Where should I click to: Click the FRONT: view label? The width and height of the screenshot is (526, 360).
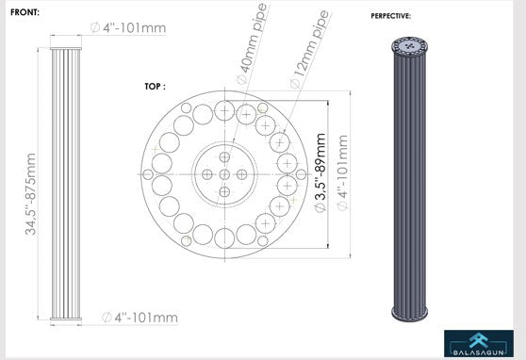[25, 12]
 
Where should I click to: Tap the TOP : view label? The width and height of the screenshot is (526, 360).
[155, 87]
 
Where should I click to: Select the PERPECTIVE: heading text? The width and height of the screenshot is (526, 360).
[391, 16]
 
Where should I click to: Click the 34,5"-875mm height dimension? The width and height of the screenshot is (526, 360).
[30, 194]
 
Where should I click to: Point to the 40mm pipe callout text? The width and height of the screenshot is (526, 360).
[252, 43]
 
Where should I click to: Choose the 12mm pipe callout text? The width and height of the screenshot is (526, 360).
[309, 49]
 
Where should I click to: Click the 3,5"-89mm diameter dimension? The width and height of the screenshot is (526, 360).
[321, 172]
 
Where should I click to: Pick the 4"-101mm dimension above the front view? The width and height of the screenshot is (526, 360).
[128, 28]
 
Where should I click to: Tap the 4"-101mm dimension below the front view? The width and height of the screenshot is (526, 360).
[140, 318]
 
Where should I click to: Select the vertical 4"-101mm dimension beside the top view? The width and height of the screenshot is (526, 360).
[342, 172]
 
